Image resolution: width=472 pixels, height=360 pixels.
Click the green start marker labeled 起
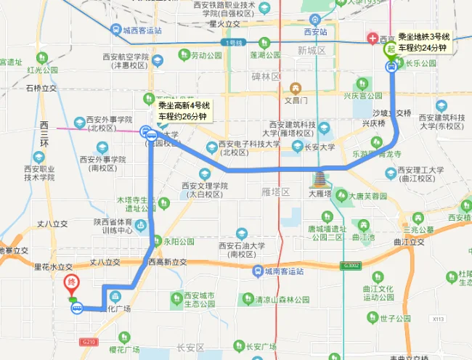(x=391, y=50)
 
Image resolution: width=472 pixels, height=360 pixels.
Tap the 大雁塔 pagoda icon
(x=319, y=178)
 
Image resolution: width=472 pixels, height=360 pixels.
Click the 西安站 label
(x=315, y=32)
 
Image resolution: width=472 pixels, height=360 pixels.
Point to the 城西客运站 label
(x=142, y=30)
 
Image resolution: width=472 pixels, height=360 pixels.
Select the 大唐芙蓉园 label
(x=368, y=196)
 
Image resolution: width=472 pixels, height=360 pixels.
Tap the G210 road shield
(x=89, y=342)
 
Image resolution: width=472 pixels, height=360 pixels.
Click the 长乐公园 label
(x=421, y=63)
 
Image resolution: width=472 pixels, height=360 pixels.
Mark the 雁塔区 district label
(x=275, y=192)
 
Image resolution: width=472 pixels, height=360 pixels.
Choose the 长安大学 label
(x=319, y=147)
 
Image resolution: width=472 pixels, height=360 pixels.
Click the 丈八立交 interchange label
(x=104, y=262)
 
